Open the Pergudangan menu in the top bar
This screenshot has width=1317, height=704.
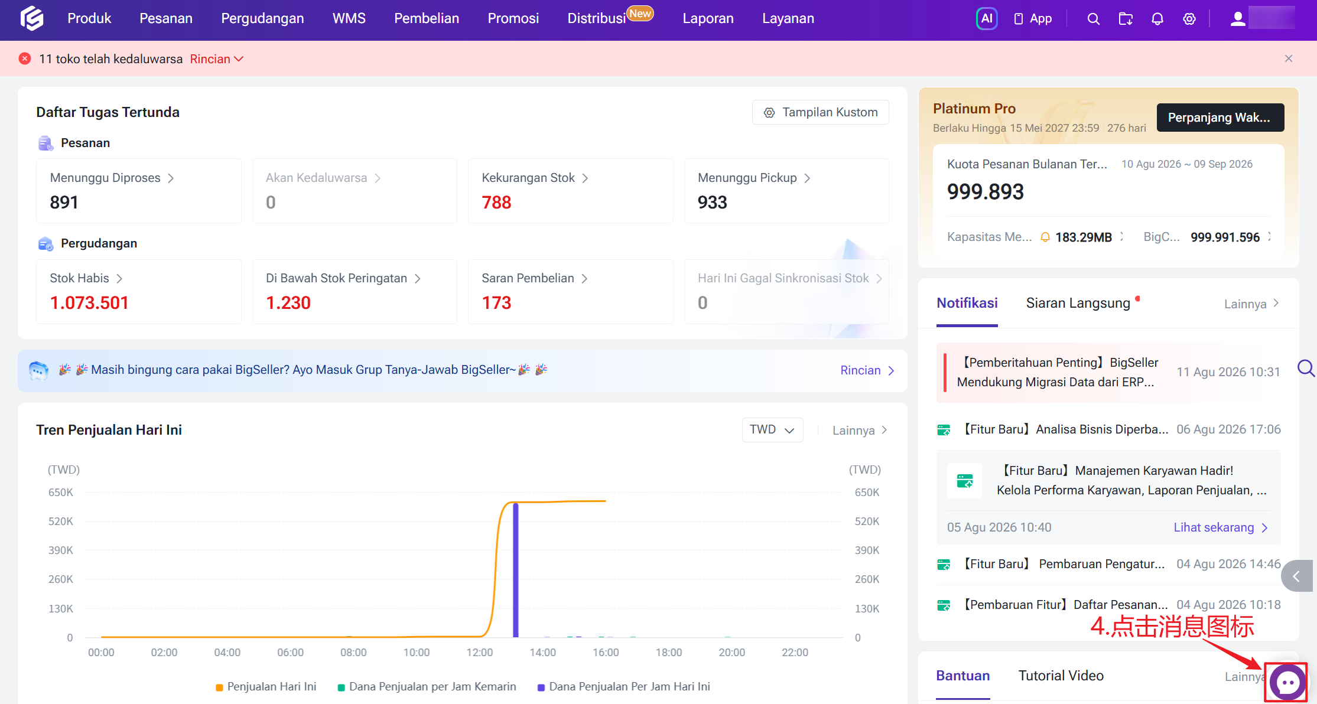pos(262,18)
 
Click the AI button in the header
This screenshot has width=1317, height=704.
pos(987,18)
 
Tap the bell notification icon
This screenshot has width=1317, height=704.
pos(1157,19)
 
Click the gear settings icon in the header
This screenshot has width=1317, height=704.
pos(1189,19)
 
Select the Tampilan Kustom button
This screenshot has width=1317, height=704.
pos(820,112)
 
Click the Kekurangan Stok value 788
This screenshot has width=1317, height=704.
pos(496,203)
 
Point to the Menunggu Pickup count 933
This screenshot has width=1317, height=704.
pos(712,203)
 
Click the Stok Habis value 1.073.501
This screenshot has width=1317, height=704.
pos(89,303)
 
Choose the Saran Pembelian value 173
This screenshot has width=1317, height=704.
pos(496,303)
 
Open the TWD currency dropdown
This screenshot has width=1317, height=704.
pos(772,430)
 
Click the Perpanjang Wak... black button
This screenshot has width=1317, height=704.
pos(1220,118)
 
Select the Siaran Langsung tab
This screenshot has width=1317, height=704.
pos(1078,304)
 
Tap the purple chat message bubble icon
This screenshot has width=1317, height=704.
pos(1287,683)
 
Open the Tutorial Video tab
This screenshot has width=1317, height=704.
pos(1061,676)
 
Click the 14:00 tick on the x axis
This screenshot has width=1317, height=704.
pos(542,653)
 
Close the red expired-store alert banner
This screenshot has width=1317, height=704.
pos(1289,58)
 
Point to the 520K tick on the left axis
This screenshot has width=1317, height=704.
pos(61,522)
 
